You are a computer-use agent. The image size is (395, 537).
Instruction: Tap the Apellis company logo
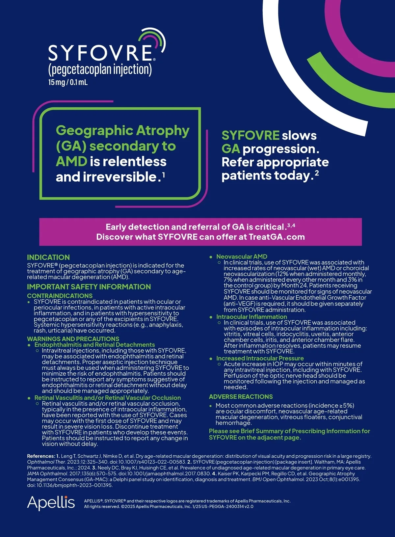(x=51, y=503)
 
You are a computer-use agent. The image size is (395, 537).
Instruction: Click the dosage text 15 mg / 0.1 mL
(x=68, y=82)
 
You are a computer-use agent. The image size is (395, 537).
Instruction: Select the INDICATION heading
(x=48, y=257)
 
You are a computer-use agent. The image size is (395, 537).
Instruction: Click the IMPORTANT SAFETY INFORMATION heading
(x=89, y=287)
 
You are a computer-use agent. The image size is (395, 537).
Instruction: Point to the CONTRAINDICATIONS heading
(x=60, y=296)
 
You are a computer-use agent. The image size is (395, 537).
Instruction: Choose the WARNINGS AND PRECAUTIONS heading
(x=73, y=339)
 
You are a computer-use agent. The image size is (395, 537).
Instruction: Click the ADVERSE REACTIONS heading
(x=241, y=397)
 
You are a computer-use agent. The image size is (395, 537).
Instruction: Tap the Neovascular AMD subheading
(x=242, y=256)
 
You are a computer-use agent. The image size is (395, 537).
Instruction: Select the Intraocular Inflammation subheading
(x=251, y=317)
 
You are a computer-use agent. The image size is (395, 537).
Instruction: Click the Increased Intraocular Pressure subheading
(x=260, y=358)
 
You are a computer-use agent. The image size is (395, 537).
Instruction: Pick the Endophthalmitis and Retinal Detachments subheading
(x=94, y=345)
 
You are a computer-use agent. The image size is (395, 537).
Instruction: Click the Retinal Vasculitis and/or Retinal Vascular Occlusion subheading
(x=108, y=398)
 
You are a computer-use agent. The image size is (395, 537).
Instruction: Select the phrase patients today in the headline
(x=267, y=175)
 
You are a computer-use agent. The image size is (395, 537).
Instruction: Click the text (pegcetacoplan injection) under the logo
(x=100, y=70)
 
